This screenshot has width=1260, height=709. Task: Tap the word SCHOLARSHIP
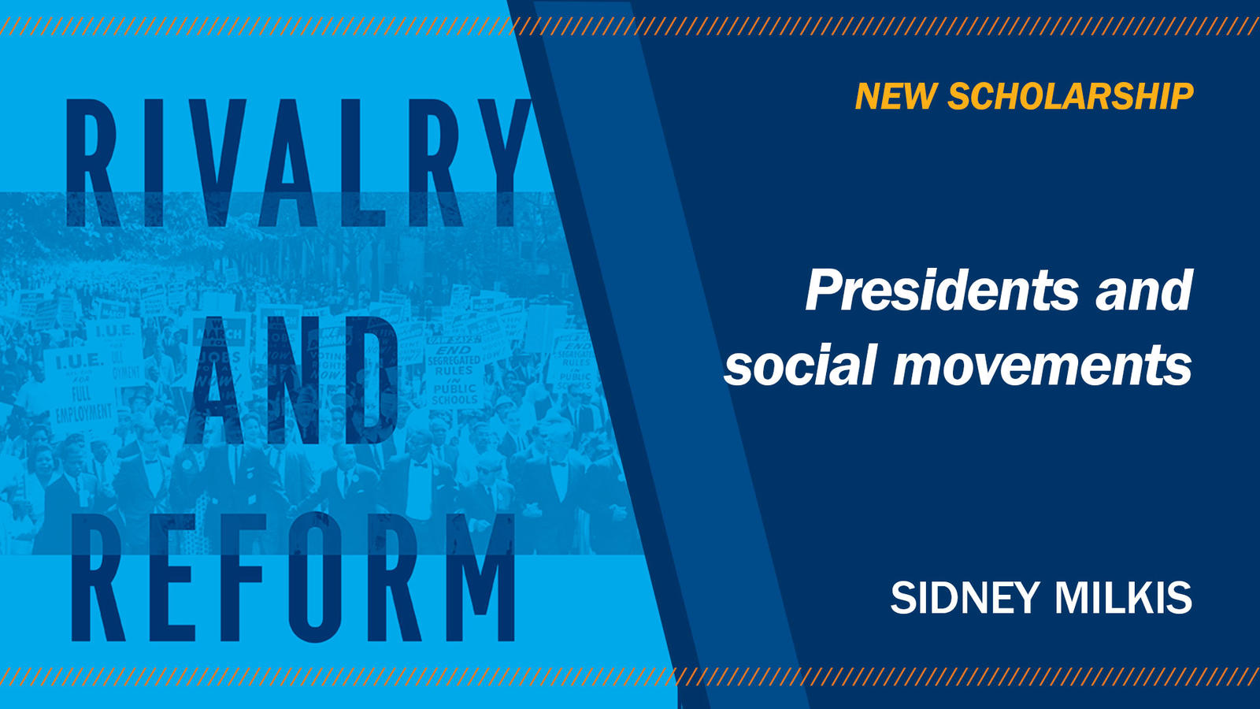point(1070,97)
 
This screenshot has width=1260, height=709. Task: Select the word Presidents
point(942,291)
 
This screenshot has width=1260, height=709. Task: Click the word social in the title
point(800,366)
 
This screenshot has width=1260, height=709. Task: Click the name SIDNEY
point(965,598)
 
